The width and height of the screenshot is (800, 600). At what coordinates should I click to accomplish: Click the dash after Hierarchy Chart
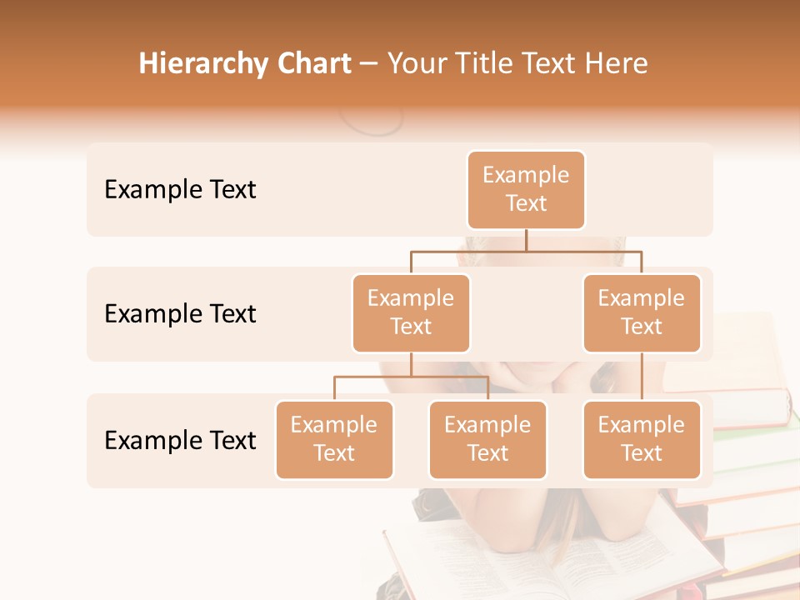[369, 64]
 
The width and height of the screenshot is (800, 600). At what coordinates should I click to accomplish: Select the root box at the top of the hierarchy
[526, 190]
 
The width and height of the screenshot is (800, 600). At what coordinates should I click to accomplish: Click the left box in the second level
[411, 313]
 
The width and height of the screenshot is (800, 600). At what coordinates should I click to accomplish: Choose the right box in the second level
[642, 313]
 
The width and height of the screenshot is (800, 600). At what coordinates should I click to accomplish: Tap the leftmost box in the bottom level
[334, 440]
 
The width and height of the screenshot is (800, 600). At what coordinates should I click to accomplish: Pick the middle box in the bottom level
[487, 440]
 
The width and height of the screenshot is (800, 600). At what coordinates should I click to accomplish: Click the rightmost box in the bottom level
[642, 440]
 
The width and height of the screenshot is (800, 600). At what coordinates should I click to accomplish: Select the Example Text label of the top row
[180, 190]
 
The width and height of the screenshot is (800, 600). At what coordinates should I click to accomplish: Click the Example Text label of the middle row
[180, 314]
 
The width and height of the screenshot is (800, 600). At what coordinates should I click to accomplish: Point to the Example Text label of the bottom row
[180, 440]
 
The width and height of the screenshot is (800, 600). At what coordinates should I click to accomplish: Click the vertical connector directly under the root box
[526, 240]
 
